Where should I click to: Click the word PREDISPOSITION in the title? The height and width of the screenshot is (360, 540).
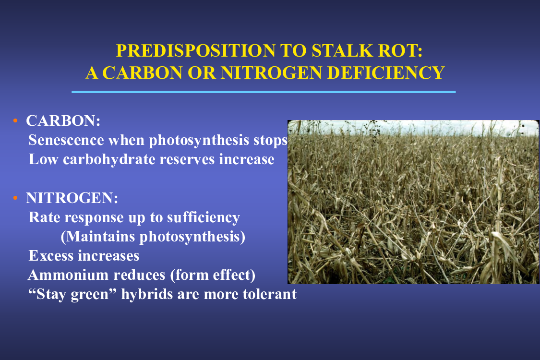click(x=196, y=51)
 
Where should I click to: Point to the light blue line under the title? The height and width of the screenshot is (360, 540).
click(x=264, y=92)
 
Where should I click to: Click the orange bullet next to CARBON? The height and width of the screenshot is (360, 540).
click(x=15, y=120)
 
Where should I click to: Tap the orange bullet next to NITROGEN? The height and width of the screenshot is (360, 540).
click(x=15, y=198)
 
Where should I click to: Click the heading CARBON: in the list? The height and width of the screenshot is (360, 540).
click(x=63, y=121)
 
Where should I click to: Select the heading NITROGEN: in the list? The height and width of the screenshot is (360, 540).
click(x=72, y=198)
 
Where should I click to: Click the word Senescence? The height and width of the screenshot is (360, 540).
click(x=66, y=140)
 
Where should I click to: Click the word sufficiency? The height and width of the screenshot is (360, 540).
click(x=204, y=218)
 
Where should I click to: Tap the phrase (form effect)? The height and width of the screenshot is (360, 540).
click(x=213, y=275)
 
